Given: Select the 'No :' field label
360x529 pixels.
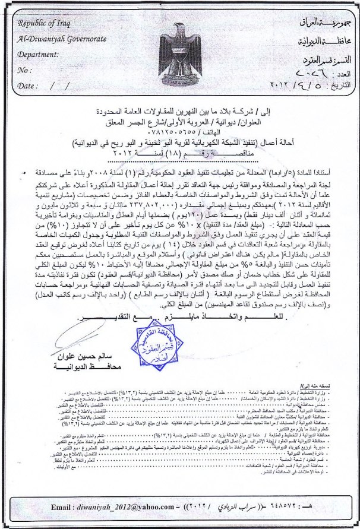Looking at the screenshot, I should click(x=24, y=70).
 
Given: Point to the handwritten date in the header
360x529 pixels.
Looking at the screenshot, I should click(x=297, y=84).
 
